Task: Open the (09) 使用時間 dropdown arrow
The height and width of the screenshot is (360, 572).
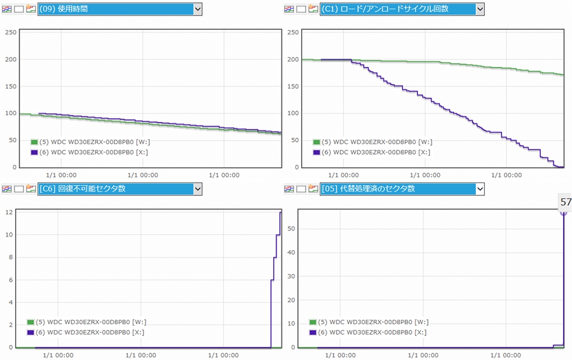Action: coord(197,9)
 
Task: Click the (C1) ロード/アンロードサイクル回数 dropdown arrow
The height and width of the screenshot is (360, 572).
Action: coord(480,9)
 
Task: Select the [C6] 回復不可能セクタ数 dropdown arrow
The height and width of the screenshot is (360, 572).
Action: coord(197,189)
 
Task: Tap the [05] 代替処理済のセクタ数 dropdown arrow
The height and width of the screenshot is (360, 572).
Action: coord(480,189)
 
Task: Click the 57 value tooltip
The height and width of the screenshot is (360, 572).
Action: coord(565,202)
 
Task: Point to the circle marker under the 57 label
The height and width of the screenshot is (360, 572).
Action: coord(564,212)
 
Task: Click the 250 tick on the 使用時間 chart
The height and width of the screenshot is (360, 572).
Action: coord(10,32)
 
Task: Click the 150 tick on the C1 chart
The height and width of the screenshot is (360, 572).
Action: coord(292,87)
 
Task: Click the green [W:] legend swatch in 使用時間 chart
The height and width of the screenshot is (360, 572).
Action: coord(34,142)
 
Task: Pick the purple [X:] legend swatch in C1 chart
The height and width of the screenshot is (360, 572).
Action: coord(317,152)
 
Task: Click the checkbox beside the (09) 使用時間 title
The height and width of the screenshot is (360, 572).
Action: coord(19,9)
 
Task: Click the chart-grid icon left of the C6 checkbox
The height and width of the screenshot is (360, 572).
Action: coord(7,189)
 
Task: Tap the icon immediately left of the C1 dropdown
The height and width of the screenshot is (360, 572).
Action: coord(313,9)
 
